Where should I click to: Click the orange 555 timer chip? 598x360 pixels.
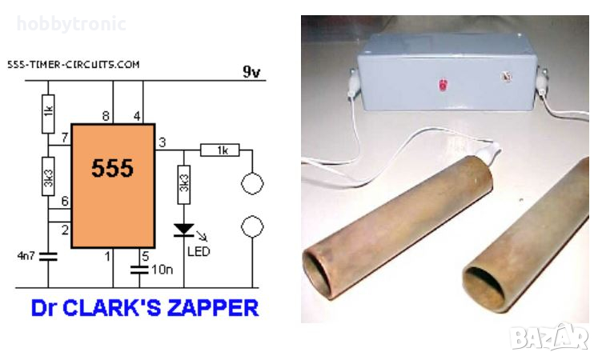click(x=112, y=186)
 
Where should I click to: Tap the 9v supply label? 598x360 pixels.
click(x=252, y=72)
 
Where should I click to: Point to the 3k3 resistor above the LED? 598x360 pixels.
click(x=184, y=183)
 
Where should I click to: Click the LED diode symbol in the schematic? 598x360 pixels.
click(x=184, y=230)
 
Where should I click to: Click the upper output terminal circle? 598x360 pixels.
click(x=252, y=183)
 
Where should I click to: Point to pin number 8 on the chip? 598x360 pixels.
click(x=106, y=117)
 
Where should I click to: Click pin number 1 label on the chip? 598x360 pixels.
click(x=106, y=257)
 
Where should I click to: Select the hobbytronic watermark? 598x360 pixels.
click(x=71, y=25)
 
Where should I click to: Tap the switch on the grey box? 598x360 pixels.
click(x=504, y=78)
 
